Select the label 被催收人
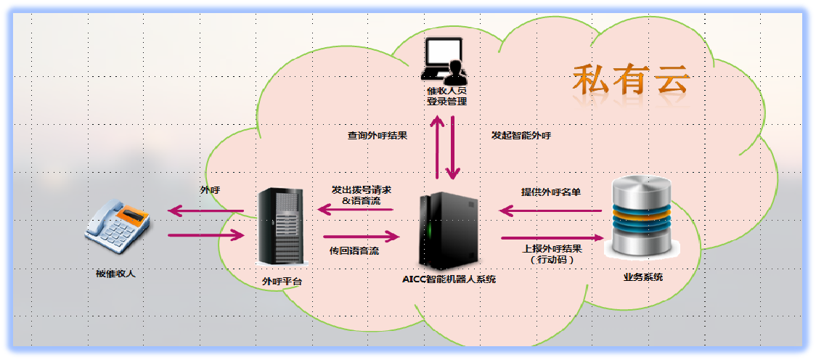pyautogui.click(x=115, y=274)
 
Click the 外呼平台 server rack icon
pyautogui.click(x=280, y=225)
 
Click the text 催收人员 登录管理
pyautogui.click(x=446, y=96)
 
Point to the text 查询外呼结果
pyautogui.click(x=377, y=135)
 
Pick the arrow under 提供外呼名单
pyautogui.click(x=550, y=211)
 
